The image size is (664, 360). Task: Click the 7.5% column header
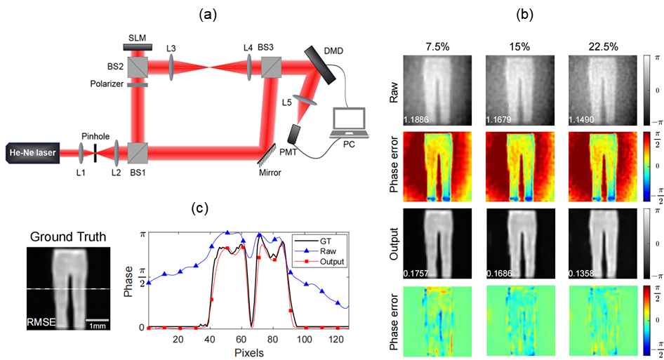pos(438,46)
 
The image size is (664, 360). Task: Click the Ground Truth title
pos(68,236)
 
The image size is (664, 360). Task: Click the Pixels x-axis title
pos(245,352)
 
